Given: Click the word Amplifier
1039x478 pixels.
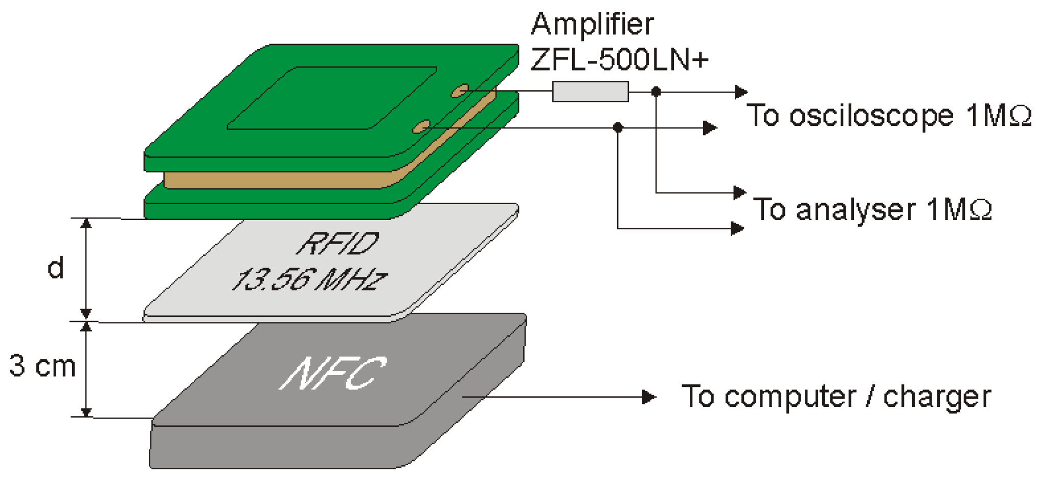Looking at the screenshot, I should pyautogui.click(x=592, y=24).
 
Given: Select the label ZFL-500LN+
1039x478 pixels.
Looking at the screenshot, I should pyautogui.click(x=619, y=60).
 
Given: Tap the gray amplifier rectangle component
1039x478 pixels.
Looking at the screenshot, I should pyautogui.click(x=590, y=92).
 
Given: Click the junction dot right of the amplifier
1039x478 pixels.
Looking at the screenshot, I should pyautogui.click(x=656, y=92).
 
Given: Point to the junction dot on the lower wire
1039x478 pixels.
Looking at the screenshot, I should pyautogui.click(x=618, y=127).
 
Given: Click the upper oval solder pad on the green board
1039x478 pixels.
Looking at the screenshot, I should pyautogui.click(x=459, y=91).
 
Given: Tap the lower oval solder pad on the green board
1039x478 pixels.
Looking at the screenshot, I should pyautogui.click(x=421, y=126).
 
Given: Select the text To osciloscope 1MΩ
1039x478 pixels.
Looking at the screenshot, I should pyautogui.click(x=889, y=116).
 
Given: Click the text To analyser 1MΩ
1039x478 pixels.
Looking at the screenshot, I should pyautogui.click(x=872, y=210).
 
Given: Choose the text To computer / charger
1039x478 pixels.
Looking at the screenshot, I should pyautogui.click(x=836, y=397).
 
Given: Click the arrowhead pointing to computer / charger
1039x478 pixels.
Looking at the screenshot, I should pyautogui.click(x=649, y=397).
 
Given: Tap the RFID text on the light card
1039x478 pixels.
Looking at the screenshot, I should pyautogui.click(x=338, y=244).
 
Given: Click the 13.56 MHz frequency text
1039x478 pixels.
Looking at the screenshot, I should pyautogui.click(x=309, y=279).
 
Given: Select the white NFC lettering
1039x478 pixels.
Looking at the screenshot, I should pyautogui.click(x=333, y=374).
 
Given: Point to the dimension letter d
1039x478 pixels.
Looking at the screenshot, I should pyautogui.click(x=55, y=268).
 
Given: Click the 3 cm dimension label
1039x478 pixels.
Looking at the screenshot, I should pyautogui.click(x=42, y=366).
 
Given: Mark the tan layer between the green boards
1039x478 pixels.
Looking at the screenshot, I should pyautogui.click(x=276, y=180).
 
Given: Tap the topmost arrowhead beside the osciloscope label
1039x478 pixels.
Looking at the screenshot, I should pyautogui.click(x=740, y=92).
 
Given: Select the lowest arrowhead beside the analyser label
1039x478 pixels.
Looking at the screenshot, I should pyautogui.click(x=737, y=228).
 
